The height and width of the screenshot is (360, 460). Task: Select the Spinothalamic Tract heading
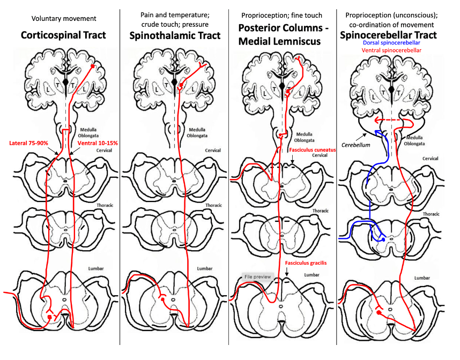(x=175, y=36)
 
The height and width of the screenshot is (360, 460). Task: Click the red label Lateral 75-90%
(x=28, y=144)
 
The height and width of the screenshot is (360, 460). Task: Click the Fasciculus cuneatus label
(x=313, y=150)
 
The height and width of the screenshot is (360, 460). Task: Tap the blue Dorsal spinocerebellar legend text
(x=391, y=43)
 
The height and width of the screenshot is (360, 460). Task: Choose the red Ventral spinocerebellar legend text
(x=391, y=50)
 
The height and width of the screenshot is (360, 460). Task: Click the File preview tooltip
(x=256, y=277)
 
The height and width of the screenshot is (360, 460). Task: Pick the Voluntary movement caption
(x=64, y=19)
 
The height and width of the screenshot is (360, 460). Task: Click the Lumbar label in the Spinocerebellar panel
(x=422, y=278)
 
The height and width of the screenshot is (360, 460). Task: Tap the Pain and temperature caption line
(x=174, y=15)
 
